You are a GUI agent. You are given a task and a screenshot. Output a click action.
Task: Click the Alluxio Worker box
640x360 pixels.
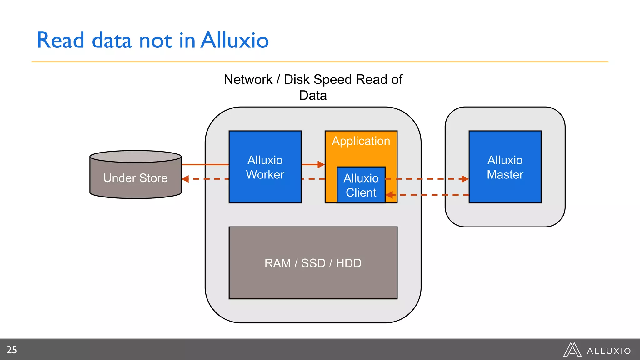coord(265,167)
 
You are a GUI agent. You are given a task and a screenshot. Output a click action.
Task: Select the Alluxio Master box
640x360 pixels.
coord(505,167)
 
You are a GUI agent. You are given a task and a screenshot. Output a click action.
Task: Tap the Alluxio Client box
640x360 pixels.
coord(361,185)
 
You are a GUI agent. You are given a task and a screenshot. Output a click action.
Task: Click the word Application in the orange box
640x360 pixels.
coord(361,141)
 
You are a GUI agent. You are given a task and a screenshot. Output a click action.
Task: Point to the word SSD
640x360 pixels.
coord(313,263)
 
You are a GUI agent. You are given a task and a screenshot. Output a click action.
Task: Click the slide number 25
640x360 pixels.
coord(12,350)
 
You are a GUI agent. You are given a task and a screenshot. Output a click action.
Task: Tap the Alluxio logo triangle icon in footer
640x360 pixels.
coord(572,350)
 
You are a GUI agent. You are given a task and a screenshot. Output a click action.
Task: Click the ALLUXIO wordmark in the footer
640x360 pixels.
coord(609,351)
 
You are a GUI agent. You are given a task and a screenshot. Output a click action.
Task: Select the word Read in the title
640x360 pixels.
coord(61,40)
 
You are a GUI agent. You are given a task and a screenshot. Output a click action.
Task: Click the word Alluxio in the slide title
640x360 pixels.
coord(234,40)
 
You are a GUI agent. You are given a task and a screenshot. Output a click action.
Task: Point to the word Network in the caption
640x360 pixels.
coord(248,79)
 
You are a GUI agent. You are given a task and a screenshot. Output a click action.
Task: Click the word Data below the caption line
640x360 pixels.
coord(313,95)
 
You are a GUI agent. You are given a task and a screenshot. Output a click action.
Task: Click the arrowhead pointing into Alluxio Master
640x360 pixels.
coord(465,179)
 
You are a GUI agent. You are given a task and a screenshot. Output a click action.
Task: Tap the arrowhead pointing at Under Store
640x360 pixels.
coord(185,179)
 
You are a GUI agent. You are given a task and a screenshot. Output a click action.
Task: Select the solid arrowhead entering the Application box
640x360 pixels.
coord(321,164)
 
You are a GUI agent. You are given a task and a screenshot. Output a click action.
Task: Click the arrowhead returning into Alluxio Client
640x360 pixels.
coord(389,195)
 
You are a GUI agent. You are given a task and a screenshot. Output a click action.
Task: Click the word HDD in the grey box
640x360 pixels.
coord(348,263)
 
